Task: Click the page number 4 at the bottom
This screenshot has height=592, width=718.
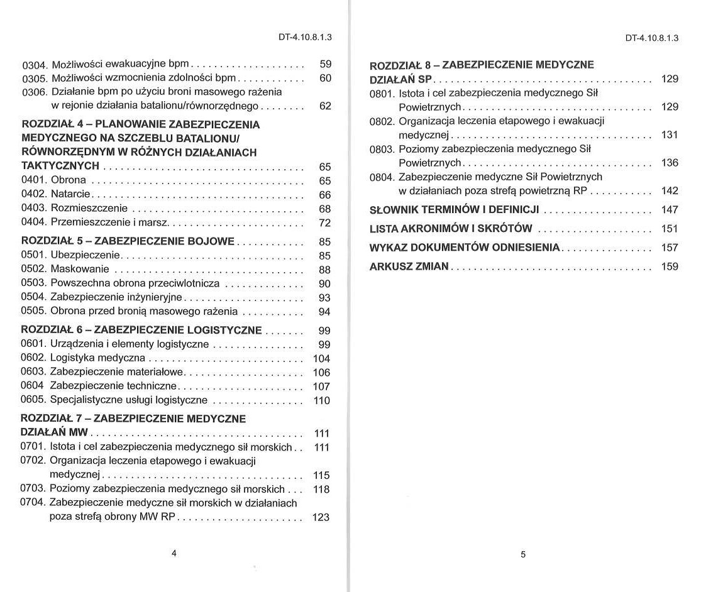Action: click(x=174, y=552)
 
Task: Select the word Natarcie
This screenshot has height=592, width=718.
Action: click(x=70, y=194)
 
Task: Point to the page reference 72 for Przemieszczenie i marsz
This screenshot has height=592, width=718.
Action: click(x=324, y=222)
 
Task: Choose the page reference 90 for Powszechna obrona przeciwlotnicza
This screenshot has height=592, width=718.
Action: click(x=324, y=283)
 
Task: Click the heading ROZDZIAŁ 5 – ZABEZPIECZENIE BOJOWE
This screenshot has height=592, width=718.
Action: click(x=128, y=241)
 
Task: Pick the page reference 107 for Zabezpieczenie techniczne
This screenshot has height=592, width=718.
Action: click(x=321, y=386)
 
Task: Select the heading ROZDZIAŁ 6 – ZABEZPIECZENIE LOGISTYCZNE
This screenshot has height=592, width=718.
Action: click(x=141, y=330)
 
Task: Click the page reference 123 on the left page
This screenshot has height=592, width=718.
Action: click(x=321, y=517)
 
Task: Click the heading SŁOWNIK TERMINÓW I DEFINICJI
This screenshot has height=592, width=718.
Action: click(x=455, y=209)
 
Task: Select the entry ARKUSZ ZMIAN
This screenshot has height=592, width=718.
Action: click(x=409, y=266)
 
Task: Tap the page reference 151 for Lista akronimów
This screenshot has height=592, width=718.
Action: click(x=670, y=229)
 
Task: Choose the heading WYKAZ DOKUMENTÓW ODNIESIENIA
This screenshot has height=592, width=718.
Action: click(x=464, y=247)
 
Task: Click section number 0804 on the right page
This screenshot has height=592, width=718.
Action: click(x=382, y=177)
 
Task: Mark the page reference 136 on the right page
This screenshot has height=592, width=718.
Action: click(x=670, y=163)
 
